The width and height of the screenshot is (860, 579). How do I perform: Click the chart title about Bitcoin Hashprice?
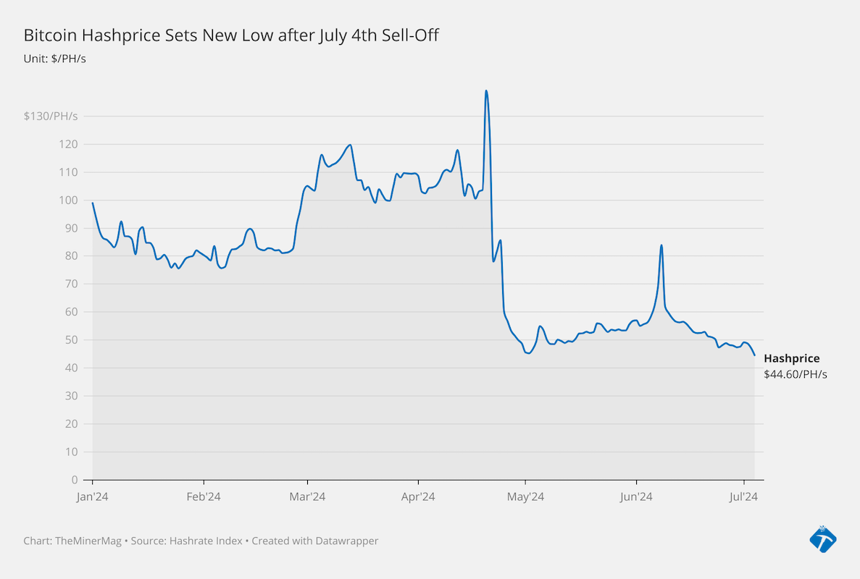tap(231, 35)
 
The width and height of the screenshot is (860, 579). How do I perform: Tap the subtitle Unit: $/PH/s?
tap(55, 59)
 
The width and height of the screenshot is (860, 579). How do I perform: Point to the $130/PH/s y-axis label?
tap(51, 116)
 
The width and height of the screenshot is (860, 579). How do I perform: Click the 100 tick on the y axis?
tap(68, 200)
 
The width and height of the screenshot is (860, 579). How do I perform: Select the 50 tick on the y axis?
tap(71, 339)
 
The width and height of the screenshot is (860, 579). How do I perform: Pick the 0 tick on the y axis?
tap(75, 480)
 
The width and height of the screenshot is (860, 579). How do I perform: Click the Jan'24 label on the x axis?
tap(92, 496)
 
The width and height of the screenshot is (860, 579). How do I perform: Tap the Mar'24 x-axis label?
tap(307, 496)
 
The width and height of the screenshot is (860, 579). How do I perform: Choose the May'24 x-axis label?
tap(525, 496)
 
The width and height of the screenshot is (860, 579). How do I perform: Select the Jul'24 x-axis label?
tap(744, 496)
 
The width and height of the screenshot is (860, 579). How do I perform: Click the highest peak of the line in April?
tap(486, 91)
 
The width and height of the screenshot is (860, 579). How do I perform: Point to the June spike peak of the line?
tap(661, 245)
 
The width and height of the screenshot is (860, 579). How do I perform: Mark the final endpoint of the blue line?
tap(755, 355)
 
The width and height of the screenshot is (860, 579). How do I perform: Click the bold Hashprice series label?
tap(791, 358)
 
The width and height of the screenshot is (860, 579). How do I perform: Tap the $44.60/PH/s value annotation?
tap(796, 375)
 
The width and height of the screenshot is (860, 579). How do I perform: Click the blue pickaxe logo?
tap(823, 539)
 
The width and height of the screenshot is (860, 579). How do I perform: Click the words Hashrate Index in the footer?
tap(206, 541)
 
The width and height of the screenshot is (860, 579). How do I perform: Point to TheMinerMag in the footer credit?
tap(88, 541)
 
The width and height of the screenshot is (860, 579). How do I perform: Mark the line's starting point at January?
tap(92, 203)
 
